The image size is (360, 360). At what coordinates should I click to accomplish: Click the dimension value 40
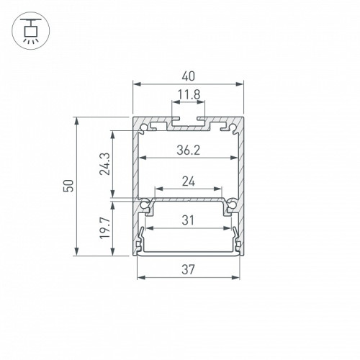[x=189, y=76]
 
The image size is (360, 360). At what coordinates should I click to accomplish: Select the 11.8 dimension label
[x=189, y=94]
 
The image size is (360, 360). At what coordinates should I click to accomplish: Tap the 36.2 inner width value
[x=189, y=150]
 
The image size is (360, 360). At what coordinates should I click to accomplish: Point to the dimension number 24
[x=189, y=181]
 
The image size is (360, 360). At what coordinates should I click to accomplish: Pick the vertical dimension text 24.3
[x=105, y=164]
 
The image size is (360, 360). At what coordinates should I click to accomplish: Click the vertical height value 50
[x=68, y=186]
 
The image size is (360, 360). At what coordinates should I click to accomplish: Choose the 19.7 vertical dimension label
[x=105, y=228]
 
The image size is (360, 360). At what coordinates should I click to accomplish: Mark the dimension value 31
[x=188, y=220]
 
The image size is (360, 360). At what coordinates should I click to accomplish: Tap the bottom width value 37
[x=188, y=269]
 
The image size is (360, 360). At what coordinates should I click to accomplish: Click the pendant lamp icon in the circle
[x=31, y=30]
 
